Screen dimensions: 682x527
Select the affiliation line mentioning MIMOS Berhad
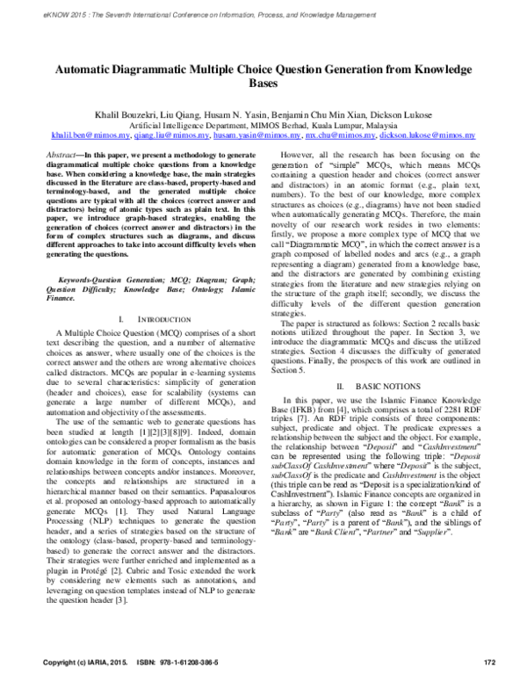pos(263,126)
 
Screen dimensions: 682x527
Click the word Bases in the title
pos(263,83)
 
